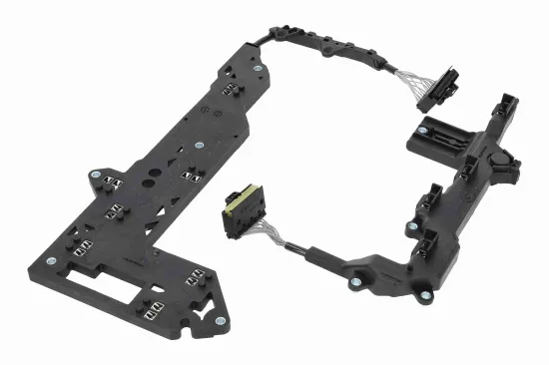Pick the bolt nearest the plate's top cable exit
pos(259,69)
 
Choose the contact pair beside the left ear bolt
pos(111,182)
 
